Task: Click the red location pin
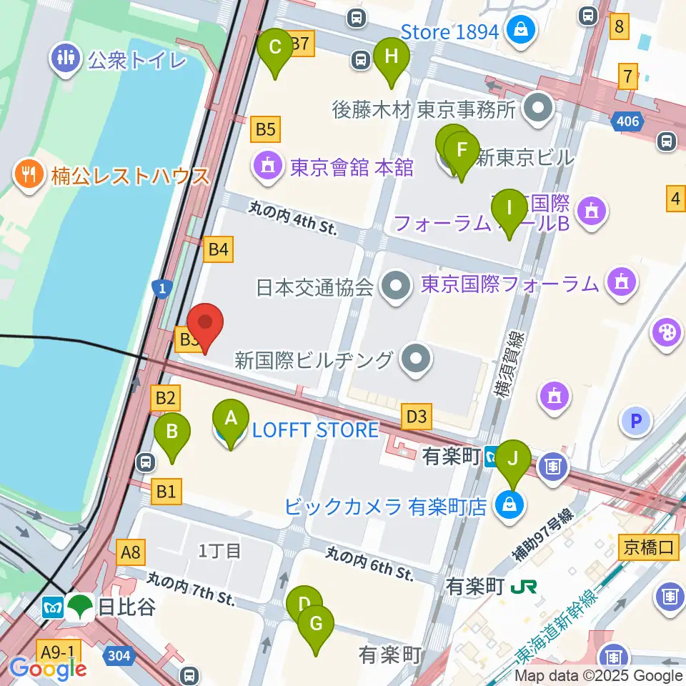point(205,327)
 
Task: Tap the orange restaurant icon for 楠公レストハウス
point(29,174)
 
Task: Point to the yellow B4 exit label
point(218,249)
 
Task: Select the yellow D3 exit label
point(417,416)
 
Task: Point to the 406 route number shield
point(627,122)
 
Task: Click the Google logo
point(49,668)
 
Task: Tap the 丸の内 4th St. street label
point(292,218)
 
